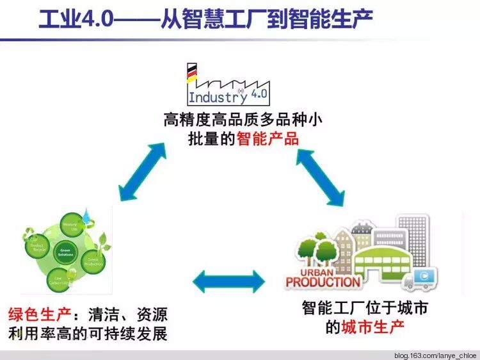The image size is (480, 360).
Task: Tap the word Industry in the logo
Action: (213, 97)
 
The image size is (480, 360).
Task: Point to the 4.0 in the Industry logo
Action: (260, 95)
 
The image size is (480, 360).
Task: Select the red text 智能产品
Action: (267, 138)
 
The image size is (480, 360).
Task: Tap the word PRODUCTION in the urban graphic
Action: (323, 281)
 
